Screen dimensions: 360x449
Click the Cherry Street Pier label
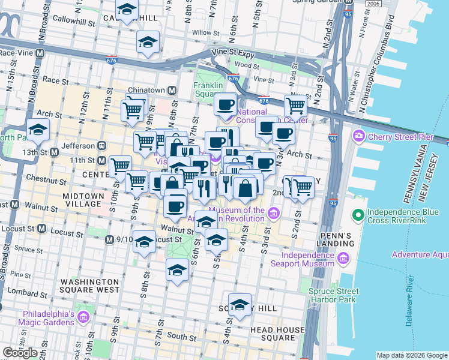point(393,136)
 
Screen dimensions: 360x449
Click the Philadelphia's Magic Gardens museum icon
point(85,316)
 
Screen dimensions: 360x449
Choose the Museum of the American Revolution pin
point(274,213)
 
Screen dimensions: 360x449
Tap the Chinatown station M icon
point(172,90)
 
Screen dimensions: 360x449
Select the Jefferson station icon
point(101,145)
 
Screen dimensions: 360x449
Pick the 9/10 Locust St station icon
point(109,239)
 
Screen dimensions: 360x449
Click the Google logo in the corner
point(20,353)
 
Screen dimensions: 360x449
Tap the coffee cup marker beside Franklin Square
point(226,105)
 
